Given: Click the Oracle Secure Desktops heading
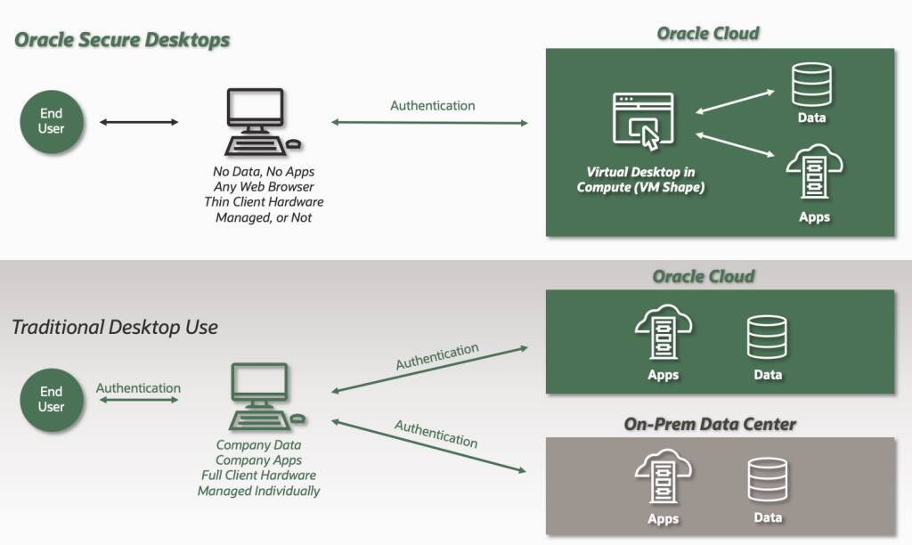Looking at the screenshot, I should pos(122,40).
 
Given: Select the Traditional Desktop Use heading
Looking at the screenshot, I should pos(114,327).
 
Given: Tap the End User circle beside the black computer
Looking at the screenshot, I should pos(51,121).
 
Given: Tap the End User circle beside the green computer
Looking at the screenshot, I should pos(51,399).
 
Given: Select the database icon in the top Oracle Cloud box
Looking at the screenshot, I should pos(810,85).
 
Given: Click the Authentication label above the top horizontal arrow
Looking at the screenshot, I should pos(432,105).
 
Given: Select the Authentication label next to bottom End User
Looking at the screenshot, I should pos(138,388).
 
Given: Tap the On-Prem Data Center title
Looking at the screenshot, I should pos(710,424).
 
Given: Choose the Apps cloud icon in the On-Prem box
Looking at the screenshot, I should pos(663,478).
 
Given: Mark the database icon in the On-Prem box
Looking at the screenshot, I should pos(767,480).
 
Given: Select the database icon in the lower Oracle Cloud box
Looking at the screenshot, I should pos(767,337).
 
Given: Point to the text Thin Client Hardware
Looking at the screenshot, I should pos(263,202).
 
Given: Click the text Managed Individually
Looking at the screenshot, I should pos(258,491).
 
